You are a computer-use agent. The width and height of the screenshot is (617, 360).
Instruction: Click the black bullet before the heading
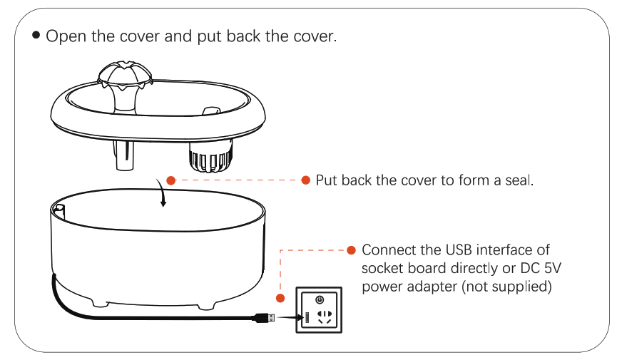[36, 35]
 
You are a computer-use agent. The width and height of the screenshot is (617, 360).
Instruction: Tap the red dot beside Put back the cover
[306, 180]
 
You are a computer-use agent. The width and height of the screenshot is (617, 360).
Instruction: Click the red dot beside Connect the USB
[351, 250]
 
